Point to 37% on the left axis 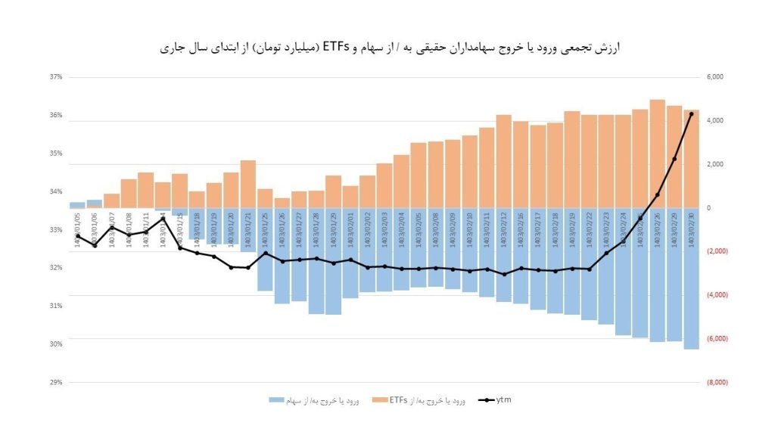tap(55, 77)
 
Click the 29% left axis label tap(55, 382)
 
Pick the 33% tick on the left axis tap(55, 229)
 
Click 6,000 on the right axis tap(715, 77)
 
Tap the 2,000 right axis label tap(715, 164)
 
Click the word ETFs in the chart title tap(335, 48)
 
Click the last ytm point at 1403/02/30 tap(691, 114)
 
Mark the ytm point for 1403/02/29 tap(674, 159)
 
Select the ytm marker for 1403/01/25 tap(265, 253)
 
